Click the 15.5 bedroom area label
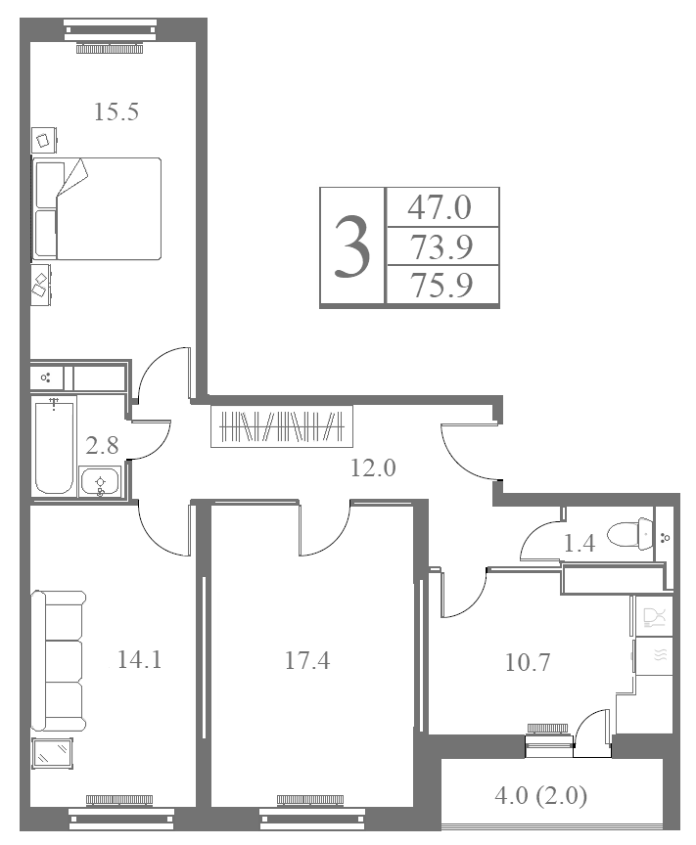coord(116,111)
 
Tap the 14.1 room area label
coord(140,659)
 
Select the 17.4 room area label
coord(307,660)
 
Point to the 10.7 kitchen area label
coord(527,662)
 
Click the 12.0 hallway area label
coord(373,467)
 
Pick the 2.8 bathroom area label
coord(102,446)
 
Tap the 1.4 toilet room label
coord(579,543)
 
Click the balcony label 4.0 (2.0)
coord(540,795)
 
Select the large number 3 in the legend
coord(351,246)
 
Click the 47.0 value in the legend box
coord(440,207)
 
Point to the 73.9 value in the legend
coord(441,246)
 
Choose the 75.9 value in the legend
coord(441,285)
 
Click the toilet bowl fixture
coord(630,535)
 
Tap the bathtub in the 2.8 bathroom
coord(54,445)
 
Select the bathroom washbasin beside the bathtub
coord(100,482)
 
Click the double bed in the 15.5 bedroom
coord(97,208)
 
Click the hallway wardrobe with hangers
coord(282,426)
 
